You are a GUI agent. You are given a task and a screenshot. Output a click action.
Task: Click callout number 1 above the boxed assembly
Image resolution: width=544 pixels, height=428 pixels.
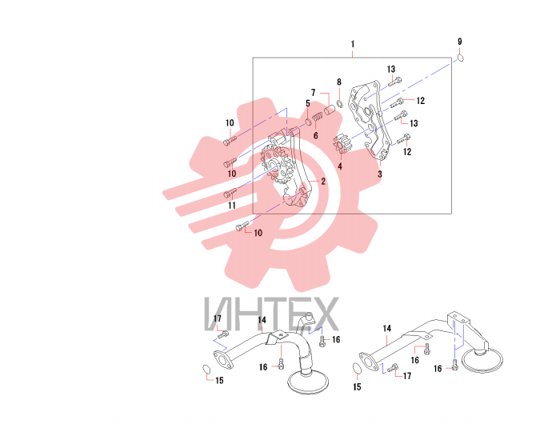pos(353,44)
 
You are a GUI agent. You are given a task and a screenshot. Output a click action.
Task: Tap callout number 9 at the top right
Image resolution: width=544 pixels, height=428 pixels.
pos(460,42)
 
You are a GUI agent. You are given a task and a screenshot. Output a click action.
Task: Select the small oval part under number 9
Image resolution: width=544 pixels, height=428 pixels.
pos(461,58)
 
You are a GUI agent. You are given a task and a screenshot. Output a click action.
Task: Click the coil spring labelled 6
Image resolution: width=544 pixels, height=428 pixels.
pos(317,118)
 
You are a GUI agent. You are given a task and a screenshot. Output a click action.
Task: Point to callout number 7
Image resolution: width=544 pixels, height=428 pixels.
pos(314,93)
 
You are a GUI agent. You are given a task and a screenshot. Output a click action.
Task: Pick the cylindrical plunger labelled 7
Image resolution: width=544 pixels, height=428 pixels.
pos(330,110)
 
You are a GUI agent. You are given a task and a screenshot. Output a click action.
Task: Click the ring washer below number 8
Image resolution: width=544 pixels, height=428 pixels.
pos(340,103)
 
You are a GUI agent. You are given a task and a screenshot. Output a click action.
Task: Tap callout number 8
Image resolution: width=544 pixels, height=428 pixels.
pos(339,82)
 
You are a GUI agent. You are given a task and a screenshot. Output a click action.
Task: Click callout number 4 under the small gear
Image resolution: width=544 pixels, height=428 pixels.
pos(340,166)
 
